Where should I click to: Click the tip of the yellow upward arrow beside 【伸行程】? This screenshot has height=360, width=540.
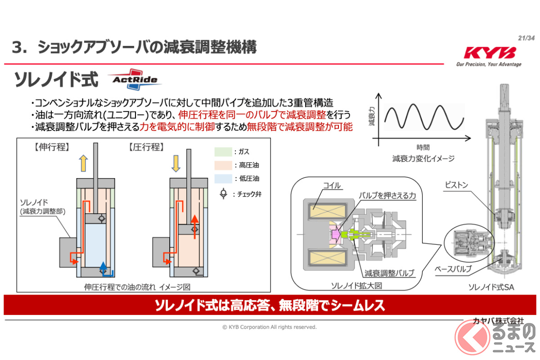pyautogui.click(x=83, y=155)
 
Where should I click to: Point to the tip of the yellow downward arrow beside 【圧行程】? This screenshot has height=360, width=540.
pyautogui.click(x=176, y=172)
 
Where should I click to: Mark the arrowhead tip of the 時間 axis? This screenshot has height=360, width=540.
pyautogui.click(x=471, y=139)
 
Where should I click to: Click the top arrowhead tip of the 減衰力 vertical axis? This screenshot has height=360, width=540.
pyautogui.click(x=378, y=93)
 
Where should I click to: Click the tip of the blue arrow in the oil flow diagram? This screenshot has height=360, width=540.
pyautogui.click(x=103, y=262)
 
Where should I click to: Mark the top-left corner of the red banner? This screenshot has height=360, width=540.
pyautogui.click(x=4, y=295)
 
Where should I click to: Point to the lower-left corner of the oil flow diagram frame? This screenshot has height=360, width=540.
pyautogui.click(x=17, y=292)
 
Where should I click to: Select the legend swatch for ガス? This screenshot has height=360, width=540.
pyautogui.click(x=223, y=152)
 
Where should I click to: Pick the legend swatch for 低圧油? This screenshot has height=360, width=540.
pyautogui.click(x=223, y=179)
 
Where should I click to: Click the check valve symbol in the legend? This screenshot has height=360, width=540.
pyautogui.click(x=224, y=193)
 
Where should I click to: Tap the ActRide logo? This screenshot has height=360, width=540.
pyautogui.click(x=135, y=79)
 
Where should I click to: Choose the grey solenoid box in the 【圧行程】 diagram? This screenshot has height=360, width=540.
pyautogui.click(x=161, y=252)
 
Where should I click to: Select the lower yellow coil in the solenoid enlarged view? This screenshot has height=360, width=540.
pyautogui.click(x=328, y=257)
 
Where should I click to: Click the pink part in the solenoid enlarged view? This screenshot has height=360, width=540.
pyautogui.click(x=335, y=234)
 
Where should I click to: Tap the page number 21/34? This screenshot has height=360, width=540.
pyautogui.click(x=526, y=38)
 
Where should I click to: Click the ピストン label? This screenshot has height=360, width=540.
pyautogui.click(x=456, y=185)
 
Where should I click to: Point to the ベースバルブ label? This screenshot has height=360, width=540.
pyautogui.click(x=453, y=269)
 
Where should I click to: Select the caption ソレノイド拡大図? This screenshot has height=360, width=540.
pyautogui.click(x=356, y=286)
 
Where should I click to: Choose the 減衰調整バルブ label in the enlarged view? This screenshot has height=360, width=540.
pyautogui.click(x=389, y=273)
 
